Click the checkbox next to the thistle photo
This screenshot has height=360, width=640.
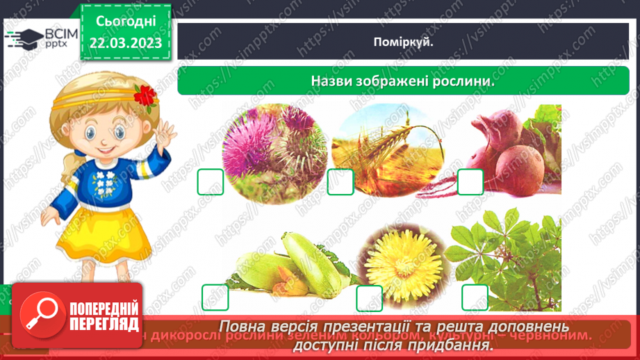211,182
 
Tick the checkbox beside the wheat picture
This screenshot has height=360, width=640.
340,182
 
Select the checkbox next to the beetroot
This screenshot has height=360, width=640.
470,182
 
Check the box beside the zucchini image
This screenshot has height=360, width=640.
215,297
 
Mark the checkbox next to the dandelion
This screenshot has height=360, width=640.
369,298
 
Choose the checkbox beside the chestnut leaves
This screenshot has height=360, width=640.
475,297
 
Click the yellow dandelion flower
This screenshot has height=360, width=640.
398,264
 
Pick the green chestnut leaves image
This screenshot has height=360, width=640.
504,257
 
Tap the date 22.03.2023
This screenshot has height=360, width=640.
126,43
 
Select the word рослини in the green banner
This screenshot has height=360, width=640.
466,81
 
